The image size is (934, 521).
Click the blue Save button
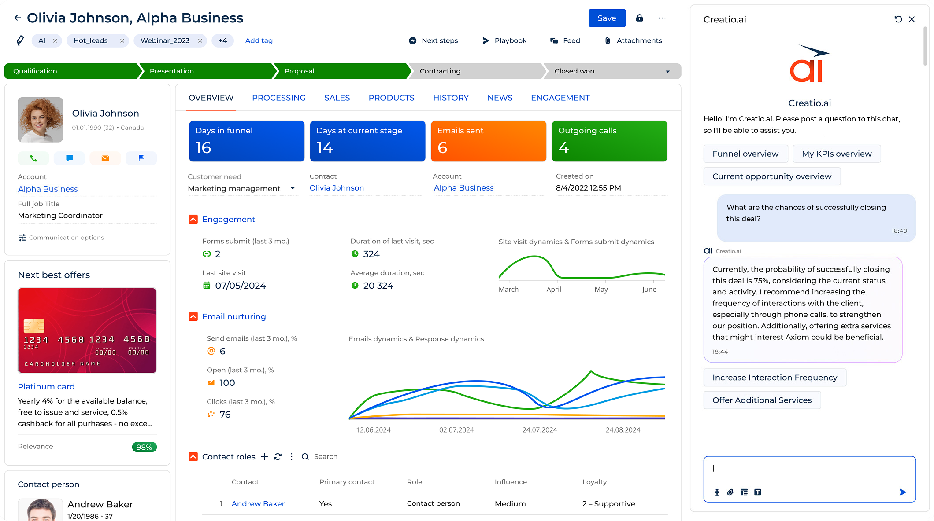pyautogui.click(x=607, y=18)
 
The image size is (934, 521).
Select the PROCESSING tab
pyautogui.click(x=278, y=98)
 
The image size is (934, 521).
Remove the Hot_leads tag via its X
pyautogui.click(x=122, y=41)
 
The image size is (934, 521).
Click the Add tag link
pyautogui.click(x=259, y=40)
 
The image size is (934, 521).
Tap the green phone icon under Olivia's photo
pyautogui.click(x=33, y=158)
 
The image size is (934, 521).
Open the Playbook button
pyautogui.click(x=504, y=40)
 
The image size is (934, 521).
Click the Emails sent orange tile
pyautogui.click(x=488, y=141)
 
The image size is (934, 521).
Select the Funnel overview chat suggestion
pyautogui.click(x=745, y=154)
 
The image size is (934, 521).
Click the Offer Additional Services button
pyautogui.click(x=762, y=400)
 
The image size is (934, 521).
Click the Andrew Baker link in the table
pyautogui.click(x=258, y=503)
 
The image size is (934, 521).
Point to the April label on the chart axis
pyautogui.click(x=553, y=289)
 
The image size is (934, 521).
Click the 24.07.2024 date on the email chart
pyautogui.click(x=540, y=430)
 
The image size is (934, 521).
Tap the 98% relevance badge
pyautogui.click(x=144, y=447)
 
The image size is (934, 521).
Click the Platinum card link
pyautogui.click(x=46, y=386)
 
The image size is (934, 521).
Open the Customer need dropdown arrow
pyautogui.click(x=293, y=188)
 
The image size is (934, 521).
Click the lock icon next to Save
pyautogui.click(x=639, y=18)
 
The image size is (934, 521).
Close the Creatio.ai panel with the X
pyautogui.click(x=912, y=19)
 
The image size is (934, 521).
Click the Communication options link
pyautogui.click(x=66, y=238)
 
